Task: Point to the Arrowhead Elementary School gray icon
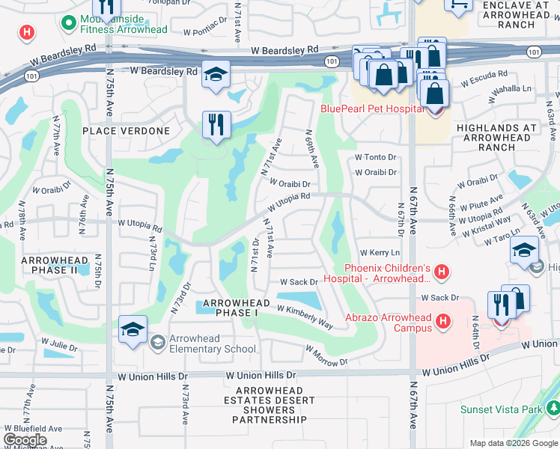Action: pos(157,343)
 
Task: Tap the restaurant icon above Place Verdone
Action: pos(216,124)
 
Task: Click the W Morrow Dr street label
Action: pos(326,357)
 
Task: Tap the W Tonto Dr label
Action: pos(375,157)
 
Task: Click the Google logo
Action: pos(25,440)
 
